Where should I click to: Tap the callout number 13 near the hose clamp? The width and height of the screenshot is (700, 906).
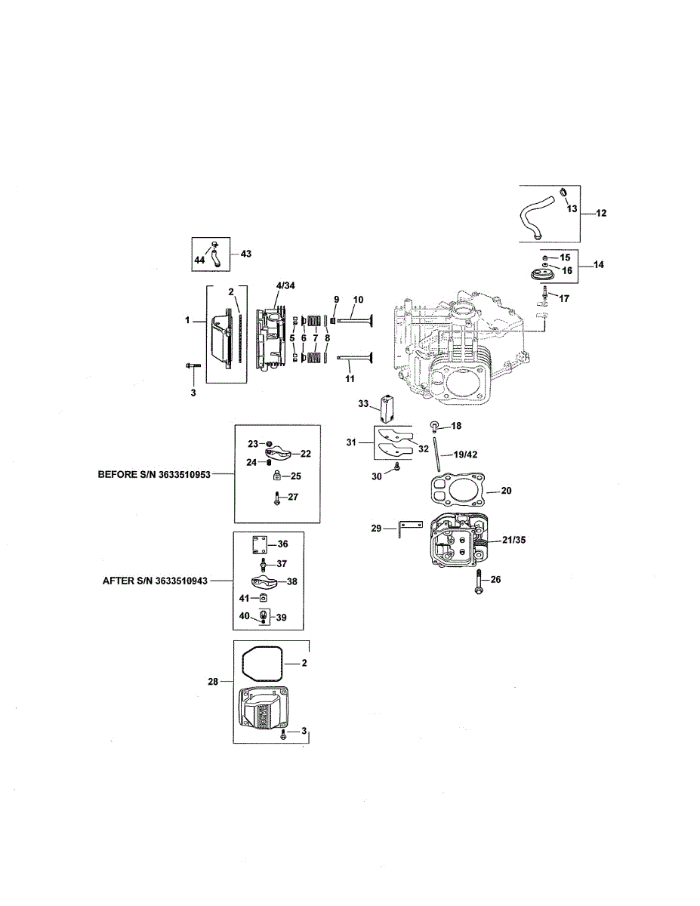[x=571, y=208]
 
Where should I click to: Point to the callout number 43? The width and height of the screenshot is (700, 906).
[x=245, y=254]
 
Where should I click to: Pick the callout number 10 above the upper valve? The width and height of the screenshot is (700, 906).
[x=358, y=300]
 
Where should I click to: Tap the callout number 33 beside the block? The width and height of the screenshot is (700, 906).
[x=363, y=405]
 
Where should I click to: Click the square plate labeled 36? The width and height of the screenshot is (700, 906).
[x=260, y=544]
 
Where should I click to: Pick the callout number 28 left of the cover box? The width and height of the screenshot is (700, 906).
[x=213, y=682]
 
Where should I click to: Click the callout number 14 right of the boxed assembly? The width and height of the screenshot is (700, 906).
[x=600, y=266]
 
